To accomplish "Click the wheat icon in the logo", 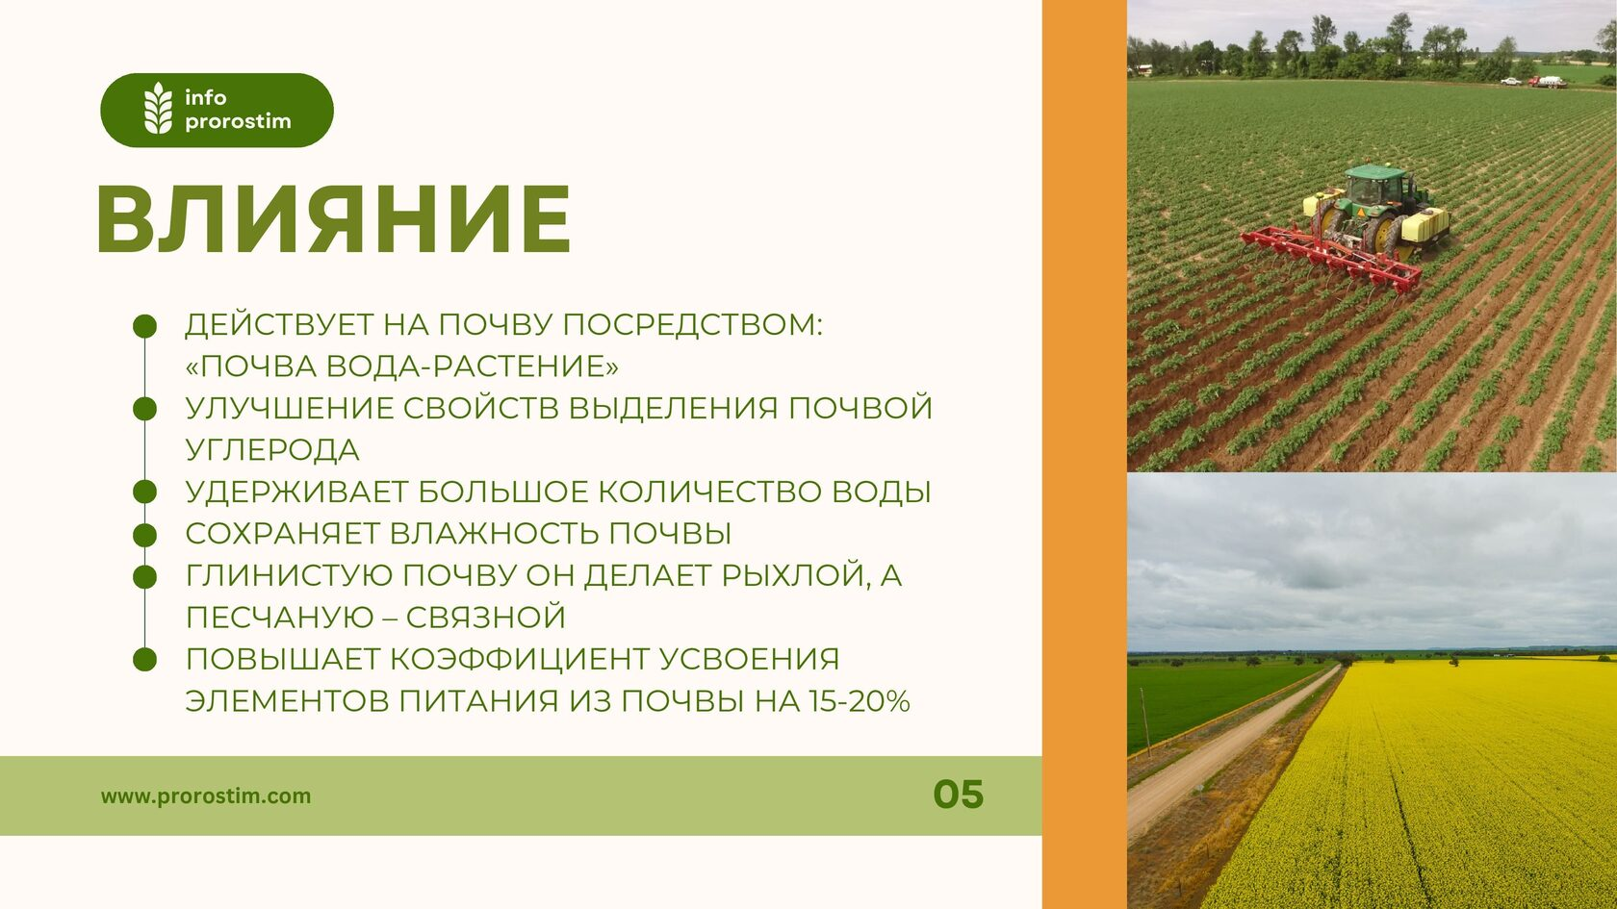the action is click(158, 108).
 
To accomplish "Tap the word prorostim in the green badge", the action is click(239, 121).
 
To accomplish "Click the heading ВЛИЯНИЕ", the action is click(333, 219).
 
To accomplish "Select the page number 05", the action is click(958, 795).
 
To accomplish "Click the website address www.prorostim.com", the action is click(206, 796).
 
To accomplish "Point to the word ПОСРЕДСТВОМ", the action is click(692, 325).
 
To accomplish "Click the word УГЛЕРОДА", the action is click(272, 450).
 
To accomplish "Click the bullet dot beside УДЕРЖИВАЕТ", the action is click(145, 492).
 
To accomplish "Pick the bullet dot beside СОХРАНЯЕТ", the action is click(145, 535).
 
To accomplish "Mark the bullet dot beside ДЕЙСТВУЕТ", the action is click(145, 326).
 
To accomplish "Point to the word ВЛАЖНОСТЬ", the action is click(495, 534).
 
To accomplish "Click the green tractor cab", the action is click(1375, 187).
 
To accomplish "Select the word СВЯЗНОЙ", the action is click(486, 618).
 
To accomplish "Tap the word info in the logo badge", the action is click(206, 96).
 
